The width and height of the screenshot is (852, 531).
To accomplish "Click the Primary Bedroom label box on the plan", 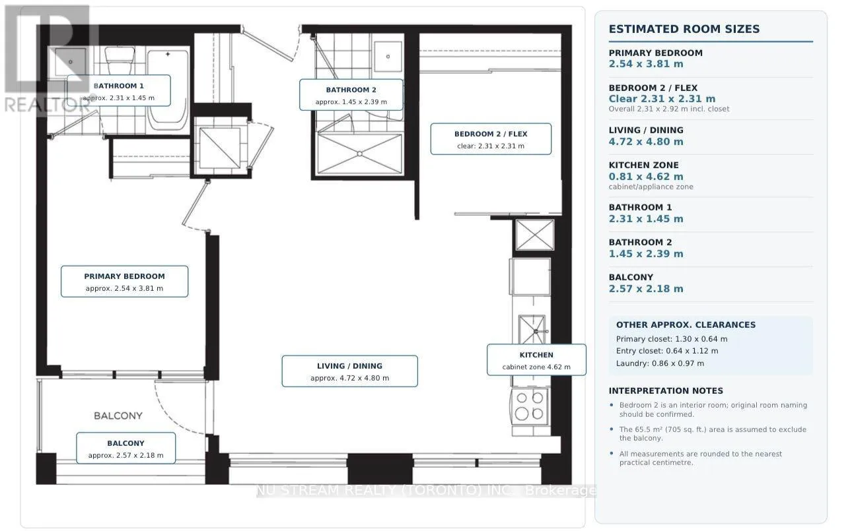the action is click(x=124, y=282).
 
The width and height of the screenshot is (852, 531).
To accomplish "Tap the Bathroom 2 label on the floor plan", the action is click(x=351, y=95).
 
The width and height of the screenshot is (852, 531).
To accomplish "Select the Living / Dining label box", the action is click(x=349, y=371).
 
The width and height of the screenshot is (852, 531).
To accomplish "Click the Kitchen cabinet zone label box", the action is click(x=536, y=359).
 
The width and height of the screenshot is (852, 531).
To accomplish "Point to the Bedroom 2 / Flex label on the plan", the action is click(x=491, y=139).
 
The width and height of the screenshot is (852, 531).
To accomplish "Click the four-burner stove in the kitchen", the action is click(x=530, y=406).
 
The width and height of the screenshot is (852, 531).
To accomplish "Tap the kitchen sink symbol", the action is click(x=532, y=329).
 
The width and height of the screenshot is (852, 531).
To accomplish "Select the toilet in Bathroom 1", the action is click(x=120, y=61).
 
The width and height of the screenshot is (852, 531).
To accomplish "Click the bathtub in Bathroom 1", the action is click(x=168, y=90).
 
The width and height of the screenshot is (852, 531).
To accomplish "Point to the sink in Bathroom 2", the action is click(x=388, y=57).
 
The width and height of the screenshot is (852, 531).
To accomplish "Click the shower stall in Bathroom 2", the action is click(x=359, y=154).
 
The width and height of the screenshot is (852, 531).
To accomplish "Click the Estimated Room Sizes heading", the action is click(x=684, y=29).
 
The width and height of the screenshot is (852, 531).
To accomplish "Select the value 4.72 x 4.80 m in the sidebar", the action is click(x=646, y=142).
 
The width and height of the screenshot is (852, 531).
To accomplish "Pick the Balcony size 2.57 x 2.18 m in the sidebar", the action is click(x=646, y=289).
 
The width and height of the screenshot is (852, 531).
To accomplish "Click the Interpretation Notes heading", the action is click(x=666, y=391).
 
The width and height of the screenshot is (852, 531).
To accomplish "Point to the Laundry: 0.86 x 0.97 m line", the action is click(x=660, y=363).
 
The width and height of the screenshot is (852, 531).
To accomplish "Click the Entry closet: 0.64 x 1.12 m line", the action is click(x=667, y=351).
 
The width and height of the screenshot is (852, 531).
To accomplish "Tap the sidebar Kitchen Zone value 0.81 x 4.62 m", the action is click(x=646, y=177).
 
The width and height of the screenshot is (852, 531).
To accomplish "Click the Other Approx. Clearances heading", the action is click(x=686, y=325).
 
